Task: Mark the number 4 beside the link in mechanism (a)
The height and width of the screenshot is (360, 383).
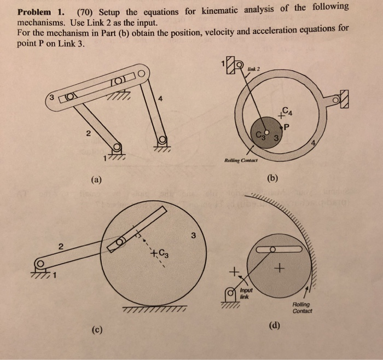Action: tap(160, 99)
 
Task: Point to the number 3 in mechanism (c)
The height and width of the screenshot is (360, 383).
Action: tap(192, 236)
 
